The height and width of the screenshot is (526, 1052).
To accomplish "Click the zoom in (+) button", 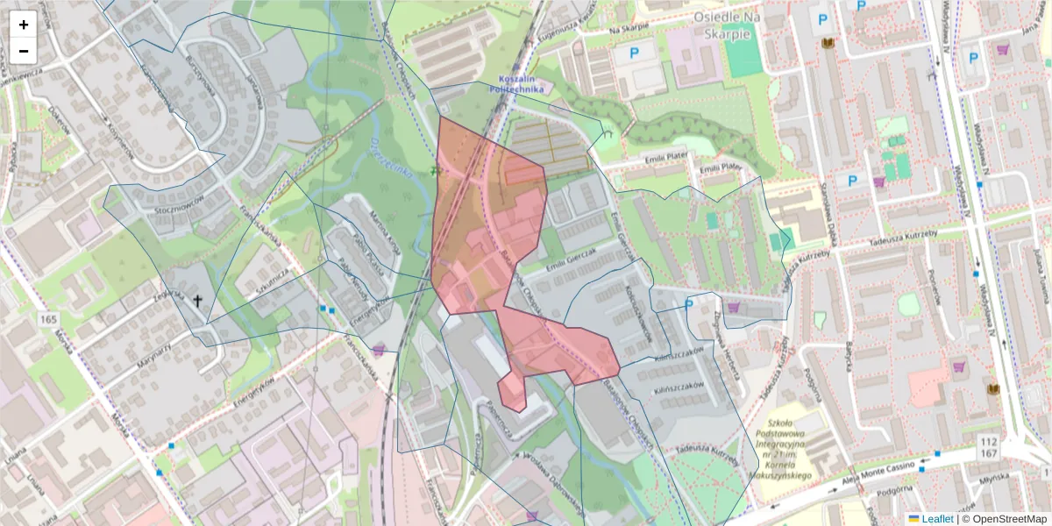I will tap(24, 25).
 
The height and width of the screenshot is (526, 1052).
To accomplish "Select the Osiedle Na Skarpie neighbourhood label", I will tap(723, 25).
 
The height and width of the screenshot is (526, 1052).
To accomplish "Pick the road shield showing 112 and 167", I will tap(991, 447).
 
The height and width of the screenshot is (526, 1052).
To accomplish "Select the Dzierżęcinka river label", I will tap(390, 158).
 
